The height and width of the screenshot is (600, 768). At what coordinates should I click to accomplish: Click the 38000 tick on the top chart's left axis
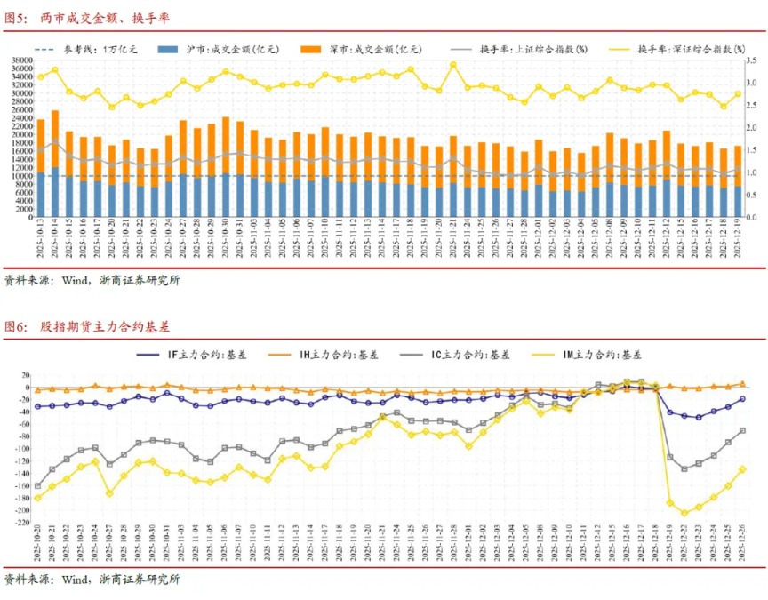[20, 60]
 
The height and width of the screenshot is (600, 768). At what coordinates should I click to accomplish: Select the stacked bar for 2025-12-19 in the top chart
[737, 182]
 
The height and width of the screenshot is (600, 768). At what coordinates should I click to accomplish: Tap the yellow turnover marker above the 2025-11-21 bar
[453, 65]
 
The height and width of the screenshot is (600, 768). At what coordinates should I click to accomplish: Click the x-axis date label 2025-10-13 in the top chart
[41, 241]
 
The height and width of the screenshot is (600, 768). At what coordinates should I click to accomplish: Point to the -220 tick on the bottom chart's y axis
[19, 523]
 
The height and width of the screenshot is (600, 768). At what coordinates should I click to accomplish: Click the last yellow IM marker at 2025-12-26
[742, 469]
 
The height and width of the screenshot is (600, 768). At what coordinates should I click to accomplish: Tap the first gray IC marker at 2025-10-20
[37, 486]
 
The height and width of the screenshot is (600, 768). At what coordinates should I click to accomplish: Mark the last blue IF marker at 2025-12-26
[742, 399]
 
